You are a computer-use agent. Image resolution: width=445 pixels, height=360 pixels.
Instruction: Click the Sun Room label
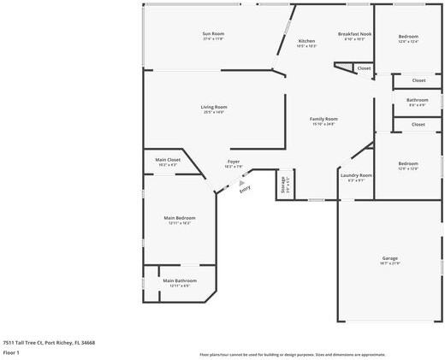213,33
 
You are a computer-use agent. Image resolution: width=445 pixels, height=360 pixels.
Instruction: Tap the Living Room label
214,107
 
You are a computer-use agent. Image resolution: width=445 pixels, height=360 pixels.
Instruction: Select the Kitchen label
306,41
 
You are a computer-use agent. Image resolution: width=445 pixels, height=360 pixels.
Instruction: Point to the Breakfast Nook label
354,33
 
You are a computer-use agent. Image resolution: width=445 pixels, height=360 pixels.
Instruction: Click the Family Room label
323,119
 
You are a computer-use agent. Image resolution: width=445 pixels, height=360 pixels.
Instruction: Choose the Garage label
389,257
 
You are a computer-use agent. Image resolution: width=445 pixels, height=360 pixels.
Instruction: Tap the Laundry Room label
356,175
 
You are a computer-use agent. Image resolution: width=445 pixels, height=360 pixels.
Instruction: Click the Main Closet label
168,159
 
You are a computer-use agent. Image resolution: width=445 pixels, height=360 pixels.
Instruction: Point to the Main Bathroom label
180,280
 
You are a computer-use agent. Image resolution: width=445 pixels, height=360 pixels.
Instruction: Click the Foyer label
234,161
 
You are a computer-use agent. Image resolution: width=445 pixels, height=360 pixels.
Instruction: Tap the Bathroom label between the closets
418,100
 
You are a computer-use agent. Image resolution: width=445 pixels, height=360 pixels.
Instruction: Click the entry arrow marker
241,182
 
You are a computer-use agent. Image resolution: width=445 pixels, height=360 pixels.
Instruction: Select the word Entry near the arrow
245,190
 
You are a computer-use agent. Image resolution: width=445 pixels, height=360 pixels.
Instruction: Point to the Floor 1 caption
11,352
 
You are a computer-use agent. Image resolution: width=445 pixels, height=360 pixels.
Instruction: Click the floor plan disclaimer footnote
293,354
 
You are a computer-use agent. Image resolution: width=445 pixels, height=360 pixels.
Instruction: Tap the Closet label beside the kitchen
364,68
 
